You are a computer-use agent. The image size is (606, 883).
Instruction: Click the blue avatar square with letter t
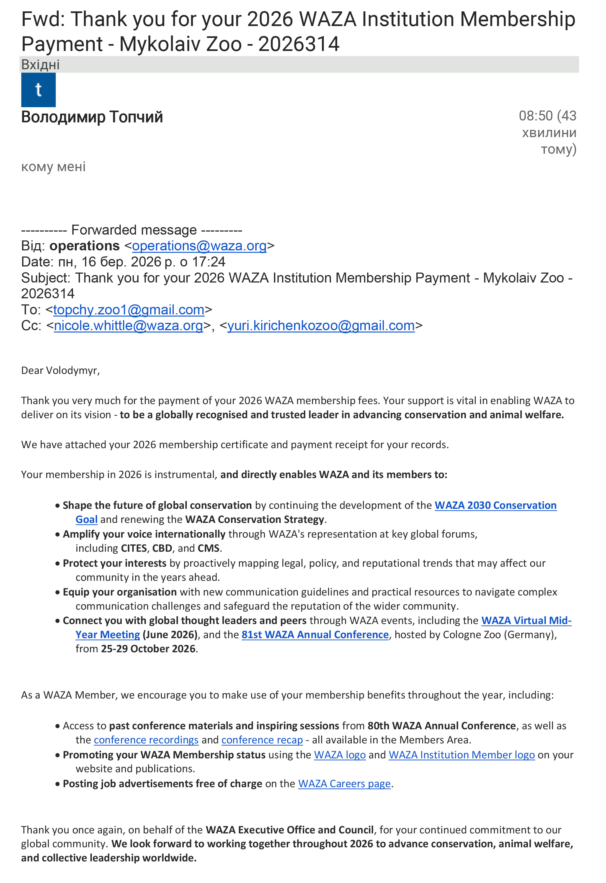pyautogui.click(x=38, y=90)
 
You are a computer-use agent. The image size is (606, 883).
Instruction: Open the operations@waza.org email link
pyautogui.click(x=199, y=246)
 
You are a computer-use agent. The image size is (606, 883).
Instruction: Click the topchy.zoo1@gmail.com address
pyautogui.click(x=129, y=310)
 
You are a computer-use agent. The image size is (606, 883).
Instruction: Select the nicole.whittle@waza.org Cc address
pyautogui.click(x=128, y=326)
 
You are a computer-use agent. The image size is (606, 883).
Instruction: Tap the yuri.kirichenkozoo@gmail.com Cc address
pyautogui.click(x=321, y=326)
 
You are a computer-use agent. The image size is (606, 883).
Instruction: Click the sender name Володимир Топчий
pyautogui.click(x=92, y=117)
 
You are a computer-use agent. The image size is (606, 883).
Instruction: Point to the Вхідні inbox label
pyautogui.click(x=40, y=65)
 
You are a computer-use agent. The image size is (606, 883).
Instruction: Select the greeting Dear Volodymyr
pyautogui.click(x=60, y=370)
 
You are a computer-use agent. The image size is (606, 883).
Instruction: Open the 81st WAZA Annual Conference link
pyautogui.click(x=315, y=635)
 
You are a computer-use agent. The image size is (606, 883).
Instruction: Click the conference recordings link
pyautogui.click(x=146, y=740)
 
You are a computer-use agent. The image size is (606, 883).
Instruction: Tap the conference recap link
pyautogui.click(x=262, y=740)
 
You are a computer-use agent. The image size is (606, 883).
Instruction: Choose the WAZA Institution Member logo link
pyautogui.click(x=462, y=755)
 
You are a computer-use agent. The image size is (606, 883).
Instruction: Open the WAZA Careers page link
pyautogui.click(x=344, y=784)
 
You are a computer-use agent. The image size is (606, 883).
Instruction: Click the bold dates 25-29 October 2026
pyautogui.click(x=148, y=649)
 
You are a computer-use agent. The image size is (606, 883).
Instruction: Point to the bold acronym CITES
pyautogui.click(x=134, y=548)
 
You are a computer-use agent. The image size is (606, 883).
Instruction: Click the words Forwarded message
pyautogui.click(x=134, y=230)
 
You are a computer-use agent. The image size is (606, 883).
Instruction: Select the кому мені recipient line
pyautogui.click(x=53, y=167)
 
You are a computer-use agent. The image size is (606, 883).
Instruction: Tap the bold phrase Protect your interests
pyautogui.click(x=115, y=563)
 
